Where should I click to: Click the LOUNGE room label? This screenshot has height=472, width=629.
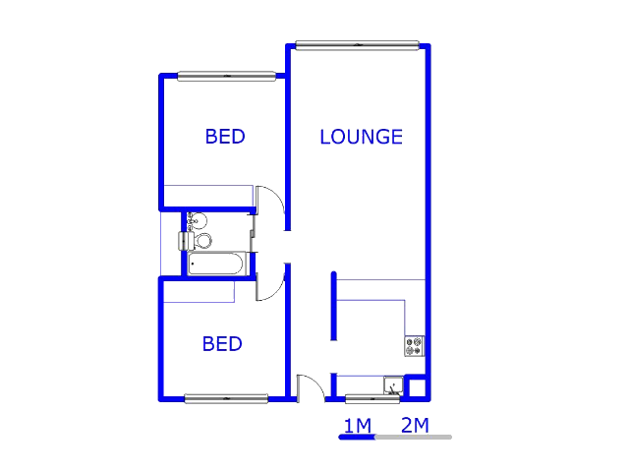click(x=361, y=137)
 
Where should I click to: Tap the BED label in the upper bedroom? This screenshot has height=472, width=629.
click(x=225, y=137)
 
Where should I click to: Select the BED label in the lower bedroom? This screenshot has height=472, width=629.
click(x=222, y=344)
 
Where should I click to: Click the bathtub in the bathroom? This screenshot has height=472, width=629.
click(x=216, y=264)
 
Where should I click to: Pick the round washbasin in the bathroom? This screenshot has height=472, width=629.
click(x=198, y=221)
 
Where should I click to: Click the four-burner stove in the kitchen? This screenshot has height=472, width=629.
click(x=414, y=346)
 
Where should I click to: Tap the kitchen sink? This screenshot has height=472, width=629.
click(x=393, y=385)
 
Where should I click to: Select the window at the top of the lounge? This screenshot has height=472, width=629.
click(x=357, y=45)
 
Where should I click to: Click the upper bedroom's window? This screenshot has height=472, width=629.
click(x=227, y=76)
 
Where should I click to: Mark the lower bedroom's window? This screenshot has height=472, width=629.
click(x=226, y=398)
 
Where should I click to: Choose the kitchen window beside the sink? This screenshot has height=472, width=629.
click(x=372, y=399)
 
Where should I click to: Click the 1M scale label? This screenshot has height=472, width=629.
click(x=358, y=426)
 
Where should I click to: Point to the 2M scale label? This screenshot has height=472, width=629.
click(x=415, y=425)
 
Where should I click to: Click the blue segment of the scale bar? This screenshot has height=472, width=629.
click(x=357, y=437)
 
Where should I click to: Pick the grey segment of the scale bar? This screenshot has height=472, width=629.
click(x=414, y=437)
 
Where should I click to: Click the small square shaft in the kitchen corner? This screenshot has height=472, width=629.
click(x=417, y=387)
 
